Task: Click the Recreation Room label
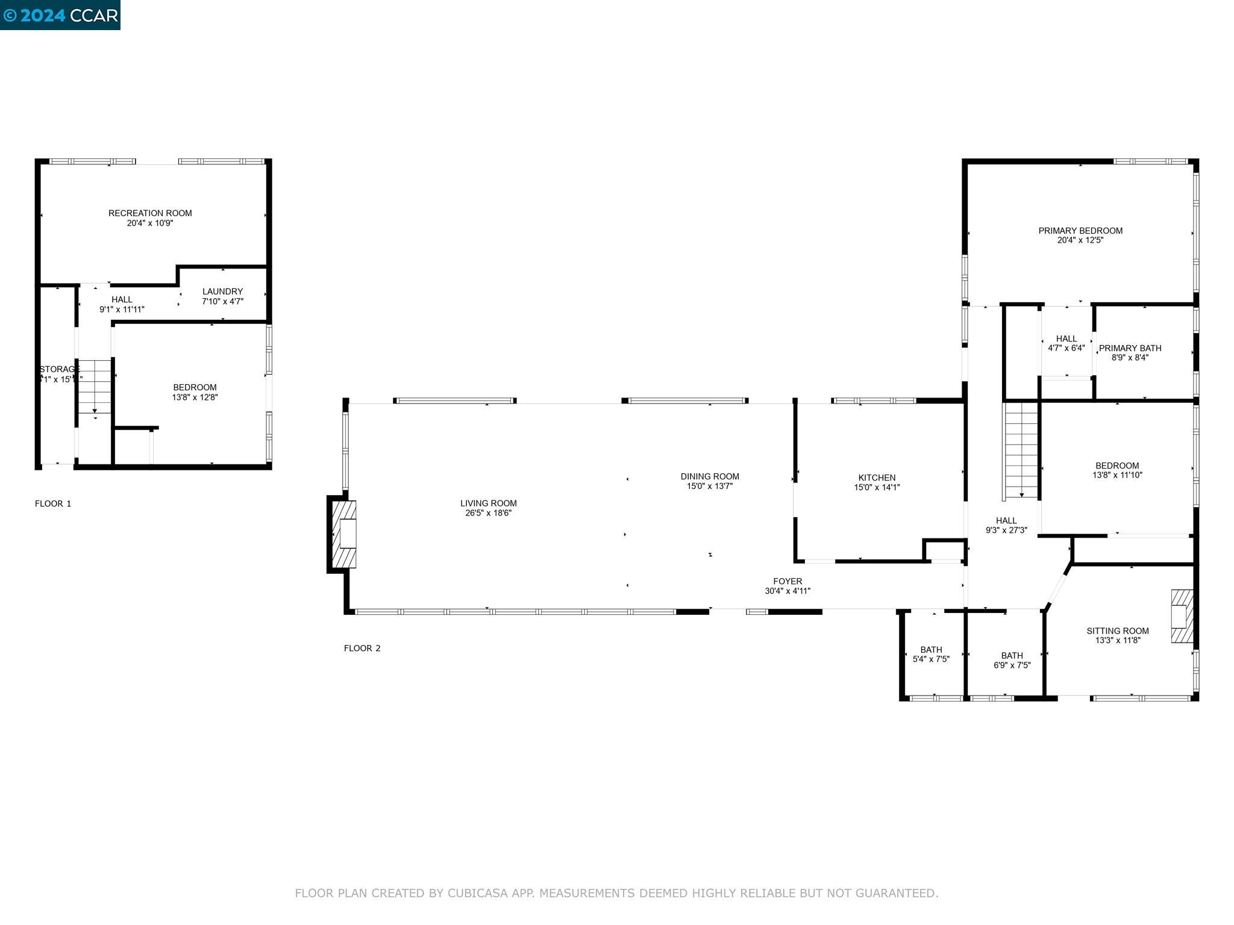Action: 150,213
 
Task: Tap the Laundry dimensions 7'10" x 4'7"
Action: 222,302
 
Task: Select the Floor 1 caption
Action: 53,503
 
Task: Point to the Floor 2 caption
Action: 362,648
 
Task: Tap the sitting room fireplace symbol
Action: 1182,616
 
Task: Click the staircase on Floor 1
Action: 95,386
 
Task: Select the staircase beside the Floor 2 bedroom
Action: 1021,450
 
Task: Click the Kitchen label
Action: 877,478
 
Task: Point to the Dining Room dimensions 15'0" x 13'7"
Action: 710,486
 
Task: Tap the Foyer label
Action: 788,581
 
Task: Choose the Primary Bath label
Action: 1130,348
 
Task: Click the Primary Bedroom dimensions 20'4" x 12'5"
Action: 1080,240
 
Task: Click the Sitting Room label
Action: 1117,631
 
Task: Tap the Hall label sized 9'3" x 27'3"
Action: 1006,520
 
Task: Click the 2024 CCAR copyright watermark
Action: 60,15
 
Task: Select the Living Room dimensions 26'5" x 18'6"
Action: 488,513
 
